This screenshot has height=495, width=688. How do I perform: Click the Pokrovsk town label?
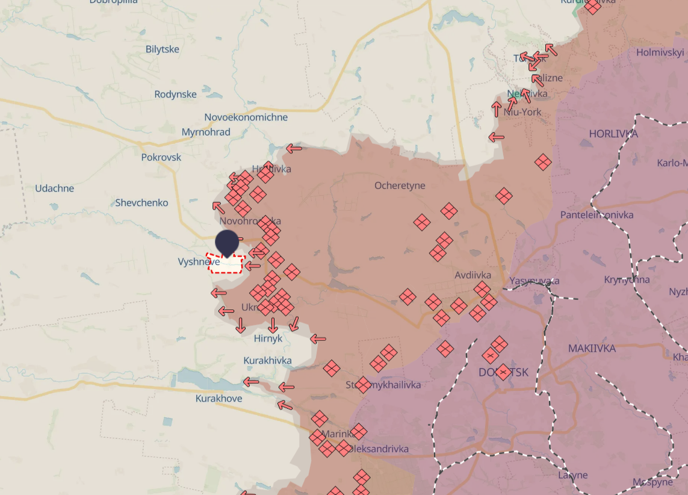click(161, 157)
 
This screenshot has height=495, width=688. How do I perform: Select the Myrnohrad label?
click(206, 132)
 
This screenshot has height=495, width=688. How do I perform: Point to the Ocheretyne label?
click(400, 185)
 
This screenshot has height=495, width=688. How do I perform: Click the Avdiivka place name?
click(473, 275)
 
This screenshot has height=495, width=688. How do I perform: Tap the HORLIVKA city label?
click(613, 134)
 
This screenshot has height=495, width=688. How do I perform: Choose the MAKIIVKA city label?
click(592, 349)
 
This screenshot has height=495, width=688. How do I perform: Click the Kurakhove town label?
click(218, 399)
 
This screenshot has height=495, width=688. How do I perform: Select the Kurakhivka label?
click(267, 361)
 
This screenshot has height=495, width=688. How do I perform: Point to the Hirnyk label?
click(268, 338)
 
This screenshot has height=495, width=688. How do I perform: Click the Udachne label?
click(54, 188)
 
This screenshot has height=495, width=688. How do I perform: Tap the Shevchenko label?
click(141, 203)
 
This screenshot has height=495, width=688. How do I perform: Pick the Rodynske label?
click(175, 95)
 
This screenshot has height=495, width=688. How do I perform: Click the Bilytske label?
click(162, 49)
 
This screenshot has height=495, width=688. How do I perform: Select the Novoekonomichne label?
click(246, 117)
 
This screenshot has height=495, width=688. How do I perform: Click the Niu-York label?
click(522, 112)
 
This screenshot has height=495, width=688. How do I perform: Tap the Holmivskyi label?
click(660, 52)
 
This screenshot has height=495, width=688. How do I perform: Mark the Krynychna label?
click(627, 280)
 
